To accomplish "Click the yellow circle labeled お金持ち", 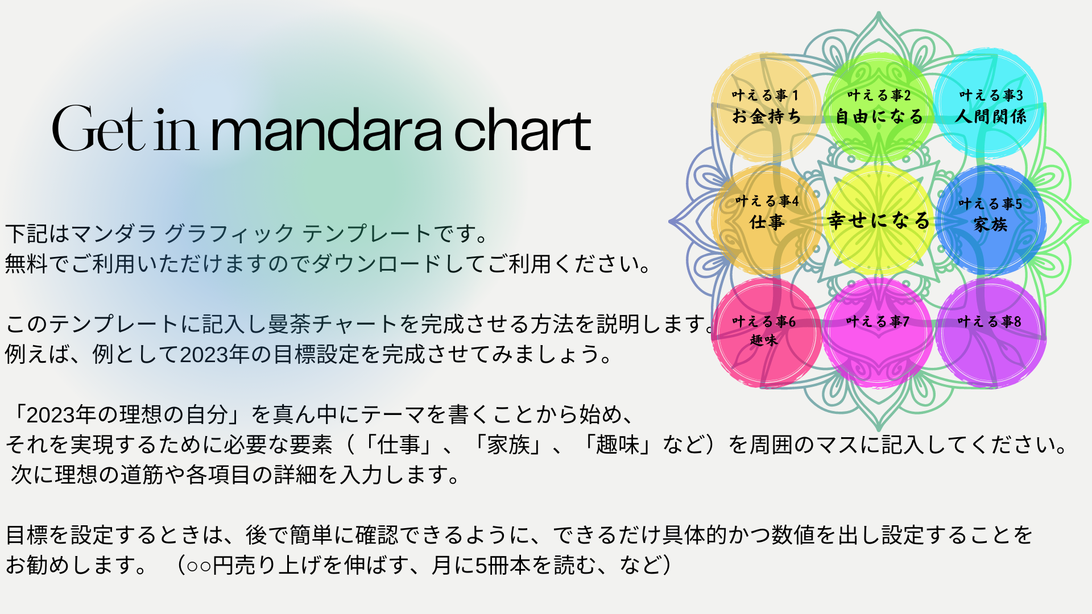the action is tap(766, 107).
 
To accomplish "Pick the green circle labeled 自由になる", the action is tap(879, 107).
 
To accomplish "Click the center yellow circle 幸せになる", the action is tap(879, 220).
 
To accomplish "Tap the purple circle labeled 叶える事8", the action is tap(990, 333).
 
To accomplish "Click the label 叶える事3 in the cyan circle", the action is tap(991, 95).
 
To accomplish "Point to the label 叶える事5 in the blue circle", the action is tap(990, 204).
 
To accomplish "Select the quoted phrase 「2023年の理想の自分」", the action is tap(128, 415).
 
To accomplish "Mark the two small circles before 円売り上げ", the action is tap(199, 566).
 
